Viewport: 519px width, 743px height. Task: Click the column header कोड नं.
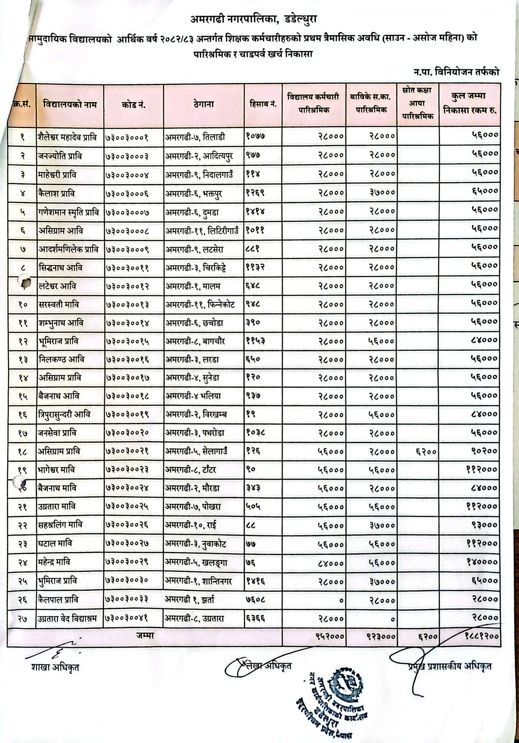133,105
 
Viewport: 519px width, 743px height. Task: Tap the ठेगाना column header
204,104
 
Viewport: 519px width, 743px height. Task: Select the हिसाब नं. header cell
263,104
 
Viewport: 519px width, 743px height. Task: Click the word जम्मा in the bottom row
145,635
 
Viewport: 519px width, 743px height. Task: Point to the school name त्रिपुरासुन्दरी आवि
64,414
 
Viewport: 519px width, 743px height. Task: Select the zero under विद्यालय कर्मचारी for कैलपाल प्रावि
340,600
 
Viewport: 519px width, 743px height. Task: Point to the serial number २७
22,619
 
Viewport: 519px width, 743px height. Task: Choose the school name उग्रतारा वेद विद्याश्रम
68,618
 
